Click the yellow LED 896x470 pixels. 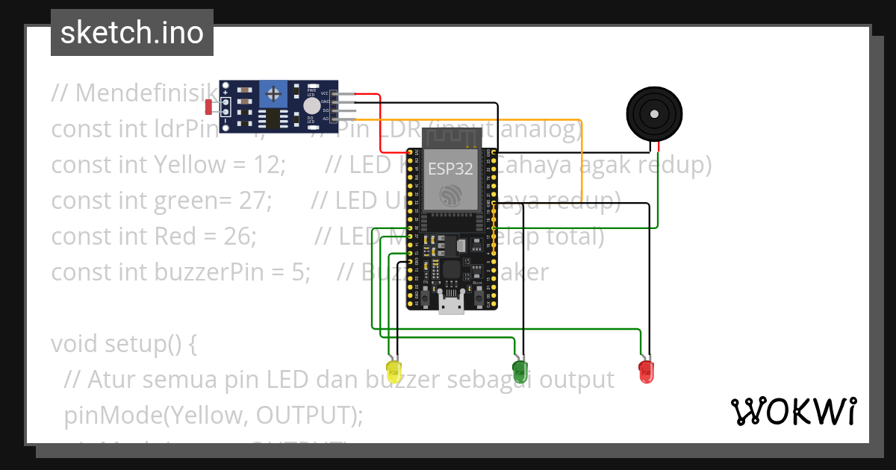[x=393, y=369]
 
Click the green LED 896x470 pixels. [x=520, y=370]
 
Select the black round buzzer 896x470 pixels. [x=654, y=114]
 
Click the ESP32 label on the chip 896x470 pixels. [x=450, y=169]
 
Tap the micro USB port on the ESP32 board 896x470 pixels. [x=451, y=304]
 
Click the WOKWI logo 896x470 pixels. [x=793, y=411]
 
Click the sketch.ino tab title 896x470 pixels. [x=132, y=33]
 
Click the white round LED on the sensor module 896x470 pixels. [x=311, y=106]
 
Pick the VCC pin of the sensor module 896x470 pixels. [x=326, y=94]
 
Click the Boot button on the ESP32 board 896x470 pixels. [x=478, y=295]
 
